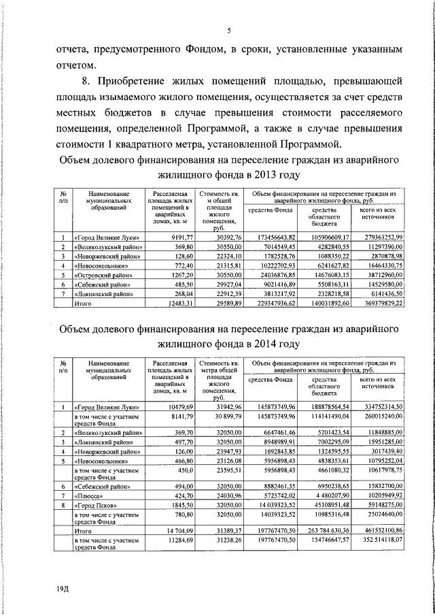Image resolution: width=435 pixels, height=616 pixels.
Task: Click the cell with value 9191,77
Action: [170, 236]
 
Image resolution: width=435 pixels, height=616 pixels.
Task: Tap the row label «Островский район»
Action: [102, 274]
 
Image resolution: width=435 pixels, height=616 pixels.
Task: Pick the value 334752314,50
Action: [377, 406]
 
